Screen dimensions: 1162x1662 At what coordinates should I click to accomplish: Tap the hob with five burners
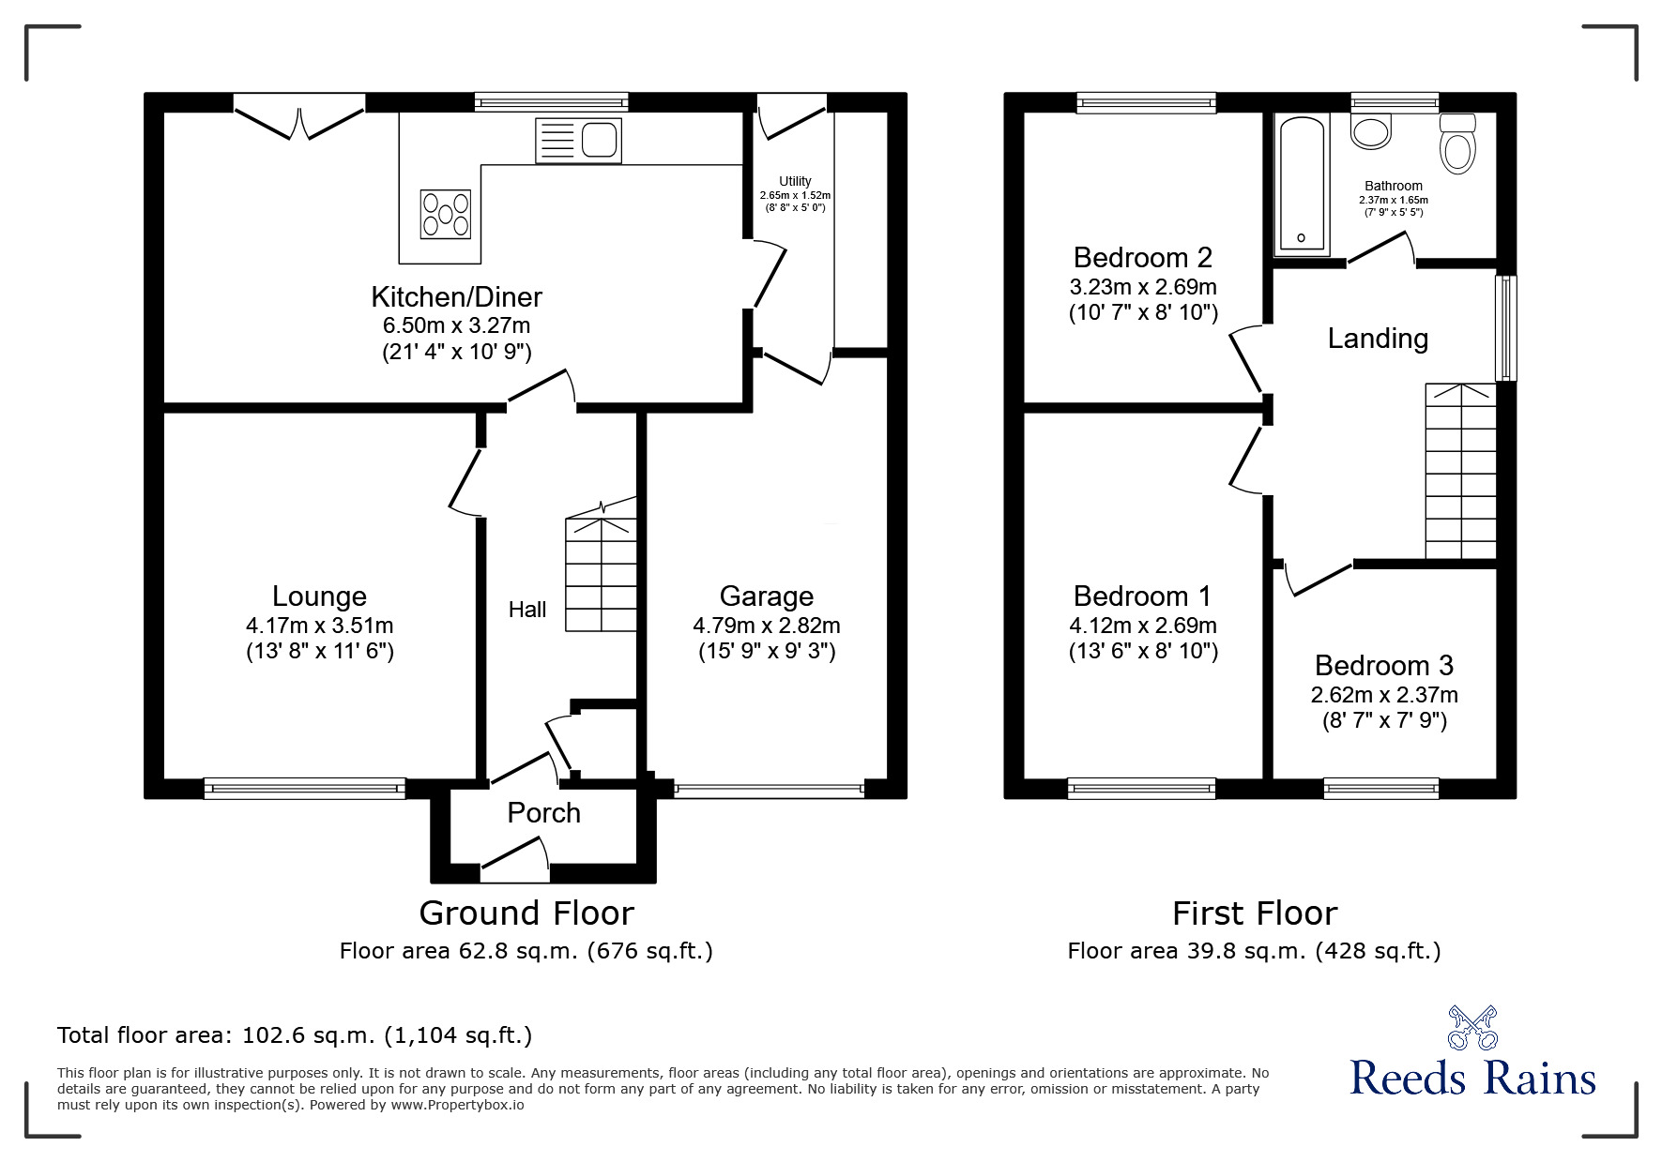pos(446,214)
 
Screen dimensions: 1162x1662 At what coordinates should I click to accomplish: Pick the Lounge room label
pos(319,596)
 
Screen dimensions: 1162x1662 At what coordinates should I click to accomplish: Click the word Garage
pos(766,596)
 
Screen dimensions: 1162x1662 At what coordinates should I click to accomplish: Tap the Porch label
pos(543,813)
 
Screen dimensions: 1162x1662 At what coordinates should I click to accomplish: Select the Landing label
pos(1378,339)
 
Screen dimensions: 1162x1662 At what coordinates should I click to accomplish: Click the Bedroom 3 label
pos(1383,666)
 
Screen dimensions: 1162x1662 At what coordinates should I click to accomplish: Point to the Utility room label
pos(795,181)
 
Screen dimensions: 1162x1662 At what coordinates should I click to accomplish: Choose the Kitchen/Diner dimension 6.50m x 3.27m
pos(456,326)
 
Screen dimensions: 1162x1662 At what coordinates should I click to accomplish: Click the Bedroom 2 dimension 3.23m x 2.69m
pos(1143,287)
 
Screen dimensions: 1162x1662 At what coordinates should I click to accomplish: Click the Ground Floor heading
pos(526,913)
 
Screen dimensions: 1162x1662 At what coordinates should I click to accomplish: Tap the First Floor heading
pos(1254,913)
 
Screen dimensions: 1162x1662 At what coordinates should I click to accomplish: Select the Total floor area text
pos(295,1036)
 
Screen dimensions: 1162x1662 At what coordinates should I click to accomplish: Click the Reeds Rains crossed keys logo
pos(1472,1027)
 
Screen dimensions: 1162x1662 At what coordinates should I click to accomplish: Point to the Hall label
pos(527,611)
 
